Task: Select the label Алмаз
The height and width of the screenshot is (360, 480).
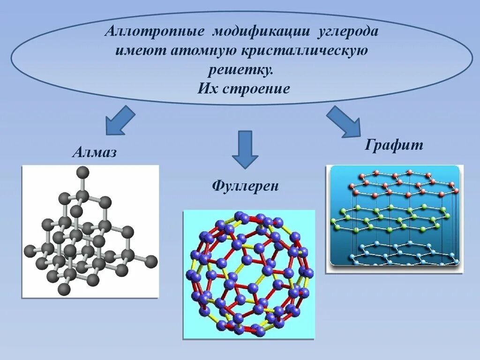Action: point(94,152)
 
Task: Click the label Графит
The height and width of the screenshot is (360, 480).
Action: point(394,145)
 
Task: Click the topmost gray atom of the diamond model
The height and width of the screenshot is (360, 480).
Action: point(82,172)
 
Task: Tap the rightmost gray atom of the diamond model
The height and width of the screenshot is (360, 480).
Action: point(151,262)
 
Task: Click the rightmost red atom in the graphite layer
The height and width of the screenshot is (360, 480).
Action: point(456,191)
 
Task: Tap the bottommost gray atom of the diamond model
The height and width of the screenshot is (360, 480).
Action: point(64,290)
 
